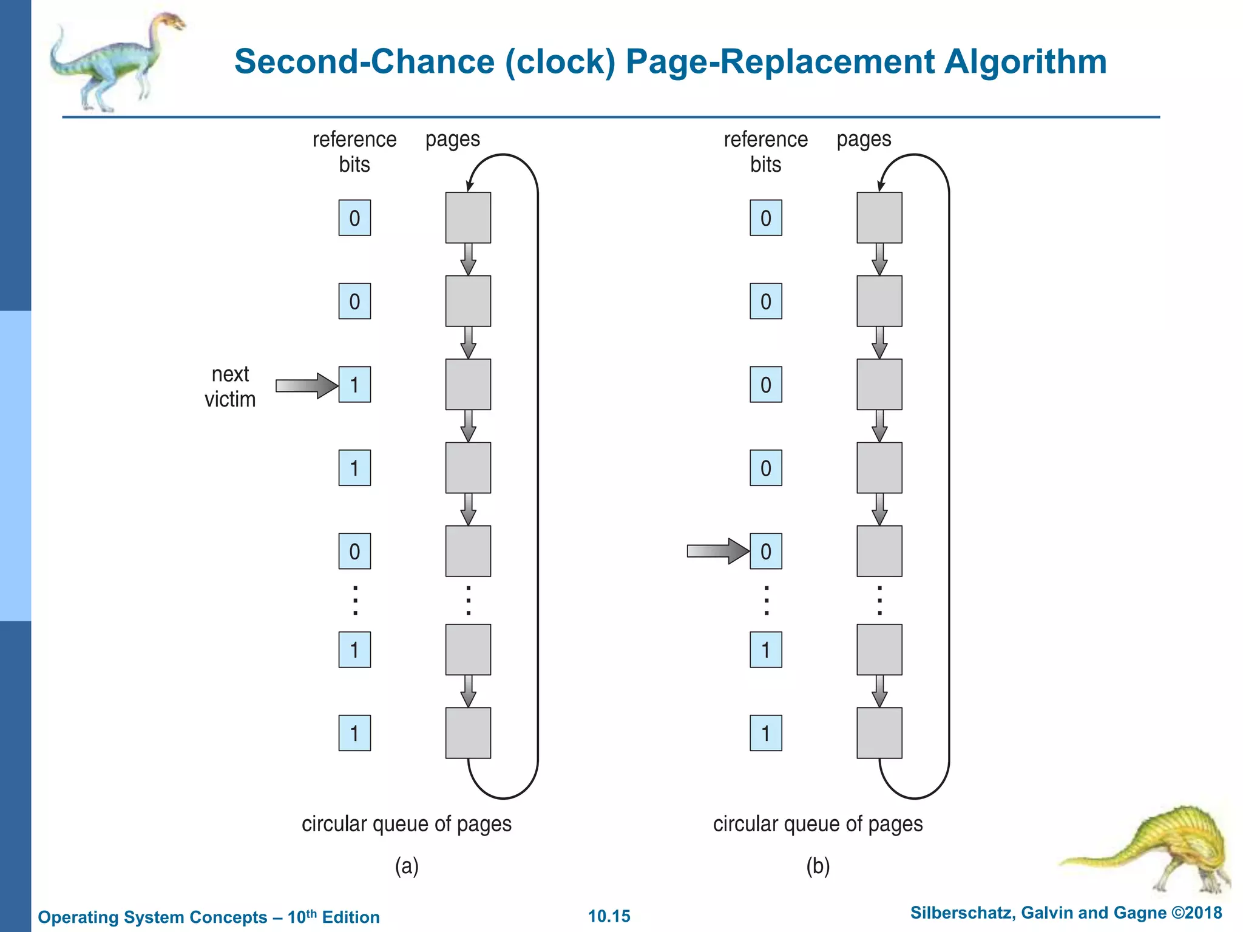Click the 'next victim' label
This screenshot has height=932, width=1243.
click(x=230, y=387)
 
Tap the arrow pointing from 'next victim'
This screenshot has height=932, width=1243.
click(x=306, y=385)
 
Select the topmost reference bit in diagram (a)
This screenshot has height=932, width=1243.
click(x=354, y=218)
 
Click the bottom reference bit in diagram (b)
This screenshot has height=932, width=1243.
click(x=765, y=733)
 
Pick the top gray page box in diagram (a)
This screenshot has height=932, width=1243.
click(x=468, y=218)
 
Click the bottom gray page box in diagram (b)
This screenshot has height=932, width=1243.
click(x=879, y=733)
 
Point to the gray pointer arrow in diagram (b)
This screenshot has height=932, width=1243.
click(x=717, y=551)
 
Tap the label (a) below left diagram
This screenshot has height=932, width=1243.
click(x=407, y=866)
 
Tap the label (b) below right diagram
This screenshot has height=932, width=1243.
click(x=818, y=866)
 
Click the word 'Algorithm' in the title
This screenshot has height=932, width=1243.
click(x=1025, y=62)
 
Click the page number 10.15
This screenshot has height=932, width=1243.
click(x=609, y=916)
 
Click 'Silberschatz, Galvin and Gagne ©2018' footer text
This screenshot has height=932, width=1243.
click(x=1066, y=913)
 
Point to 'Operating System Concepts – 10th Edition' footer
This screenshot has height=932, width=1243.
click(x=209, y=917)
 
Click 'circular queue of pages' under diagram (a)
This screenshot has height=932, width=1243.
click(x=407, y=824)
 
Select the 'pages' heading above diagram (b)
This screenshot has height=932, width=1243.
click(x=864, y=140)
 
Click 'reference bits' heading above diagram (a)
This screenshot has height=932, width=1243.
click(x=354, y=152)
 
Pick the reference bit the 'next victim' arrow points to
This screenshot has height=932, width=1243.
click(x=354, y=385)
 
